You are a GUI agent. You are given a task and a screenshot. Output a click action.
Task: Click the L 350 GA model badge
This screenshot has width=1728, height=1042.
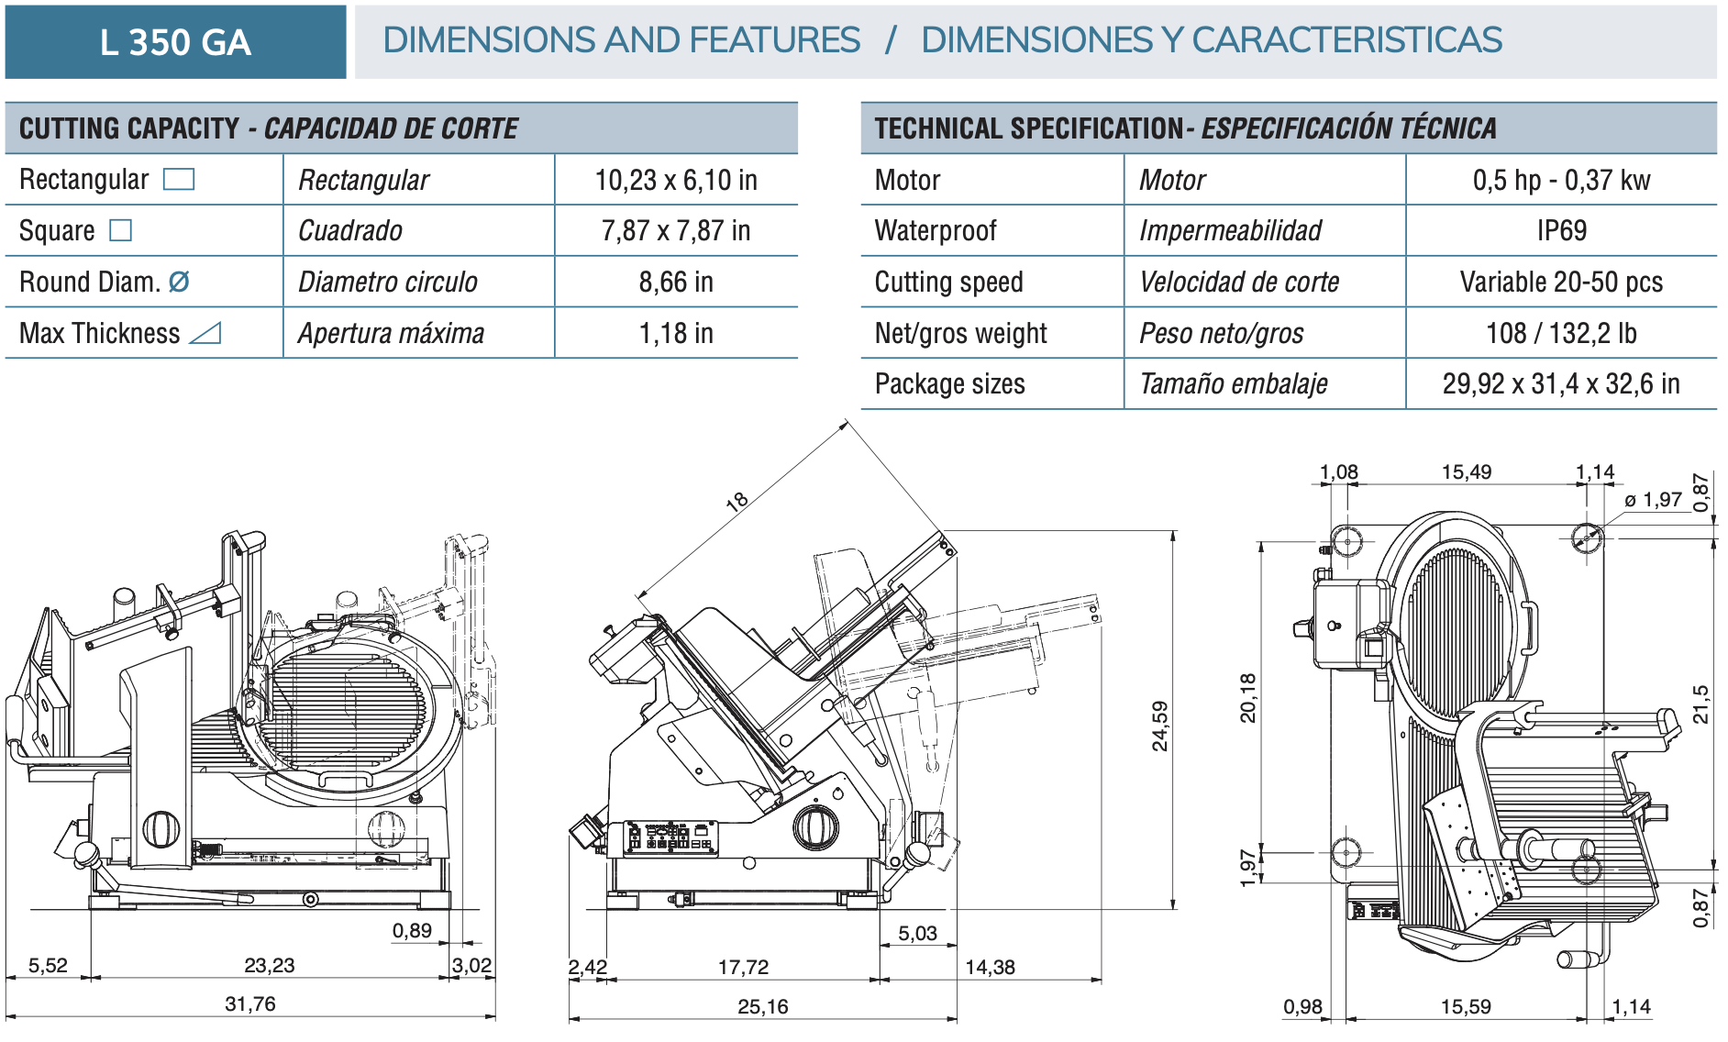pos(175,42)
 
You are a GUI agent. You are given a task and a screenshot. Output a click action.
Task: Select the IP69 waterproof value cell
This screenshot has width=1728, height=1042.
pos(1561,230)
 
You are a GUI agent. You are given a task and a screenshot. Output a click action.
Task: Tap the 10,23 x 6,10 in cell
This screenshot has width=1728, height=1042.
pos(676,180)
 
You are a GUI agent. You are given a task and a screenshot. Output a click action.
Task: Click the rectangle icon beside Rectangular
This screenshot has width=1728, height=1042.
pos(179,179)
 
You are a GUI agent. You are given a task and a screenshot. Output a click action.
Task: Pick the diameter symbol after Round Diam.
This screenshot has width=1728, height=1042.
pos(179,282)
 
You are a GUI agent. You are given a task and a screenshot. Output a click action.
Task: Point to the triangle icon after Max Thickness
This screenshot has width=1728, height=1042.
pos(205,333)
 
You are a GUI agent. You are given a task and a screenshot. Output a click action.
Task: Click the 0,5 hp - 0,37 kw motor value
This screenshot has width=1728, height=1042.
pos(1561,180)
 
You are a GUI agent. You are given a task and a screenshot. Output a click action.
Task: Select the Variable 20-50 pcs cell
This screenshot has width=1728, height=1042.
pos(1561,282)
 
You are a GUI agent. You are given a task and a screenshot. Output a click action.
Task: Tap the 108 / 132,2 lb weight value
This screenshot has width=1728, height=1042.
pos(1561,333)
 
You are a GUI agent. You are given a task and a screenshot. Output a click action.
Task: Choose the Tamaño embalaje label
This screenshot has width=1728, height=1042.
pos(1233,383)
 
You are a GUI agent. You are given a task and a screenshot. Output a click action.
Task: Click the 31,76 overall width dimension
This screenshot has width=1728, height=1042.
pos(250,1003)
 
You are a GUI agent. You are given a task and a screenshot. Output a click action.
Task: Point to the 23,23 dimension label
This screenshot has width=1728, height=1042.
pos(270,965)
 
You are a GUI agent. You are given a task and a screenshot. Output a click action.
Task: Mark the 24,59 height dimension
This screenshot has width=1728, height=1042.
pos(1160,726)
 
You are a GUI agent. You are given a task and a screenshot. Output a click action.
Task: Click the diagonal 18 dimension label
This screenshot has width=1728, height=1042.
pos(737,502)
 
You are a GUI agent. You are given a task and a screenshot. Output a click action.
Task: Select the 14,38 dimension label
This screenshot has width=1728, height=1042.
pos(990,967)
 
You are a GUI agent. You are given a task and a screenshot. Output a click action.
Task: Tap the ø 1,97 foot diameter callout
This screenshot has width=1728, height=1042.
pos(1653,500)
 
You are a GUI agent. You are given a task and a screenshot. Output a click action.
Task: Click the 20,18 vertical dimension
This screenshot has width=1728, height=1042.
pos(1248,698)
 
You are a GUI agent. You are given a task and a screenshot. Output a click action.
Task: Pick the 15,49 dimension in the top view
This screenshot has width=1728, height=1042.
pos(1467,472)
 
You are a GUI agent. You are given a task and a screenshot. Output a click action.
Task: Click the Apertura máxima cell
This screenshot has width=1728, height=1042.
pos(391,333)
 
